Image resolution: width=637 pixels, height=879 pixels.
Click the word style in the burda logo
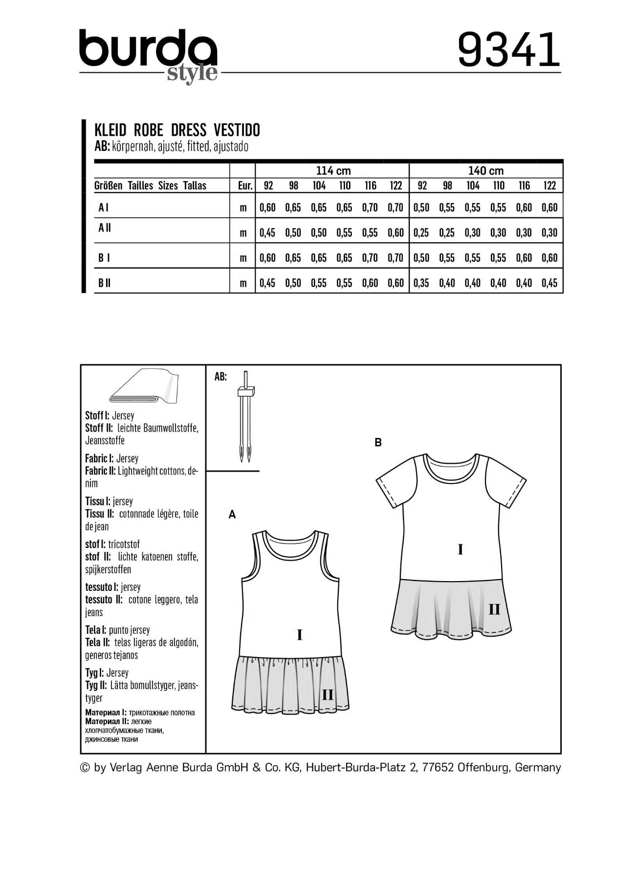click(192, 73)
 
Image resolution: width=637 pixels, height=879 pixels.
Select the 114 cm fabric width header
click(333, 170)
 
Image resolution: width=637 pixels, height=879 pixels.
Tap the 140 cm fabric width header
click(485, 170)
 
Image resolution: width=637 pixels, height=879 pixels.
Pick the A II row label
click(105, 228)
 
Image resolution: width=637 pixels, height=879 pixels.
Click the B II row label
click(104, 283)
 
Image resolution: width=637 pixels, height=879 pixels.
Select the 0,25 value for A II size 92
click(421, 232)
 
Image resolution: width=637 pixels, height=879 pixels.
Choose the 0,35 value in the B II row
click(421, 283)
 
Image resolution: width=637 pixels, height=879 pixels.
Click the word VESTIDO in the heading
click(237, 130)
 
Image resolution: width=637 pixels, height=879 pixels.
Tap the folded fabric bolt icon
click(144, 387)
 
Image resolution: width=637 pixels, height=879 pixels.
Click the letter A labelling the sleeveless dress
click(232, 515)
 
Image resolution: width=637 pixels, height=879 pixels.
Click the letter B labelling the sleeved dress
click(378, 442)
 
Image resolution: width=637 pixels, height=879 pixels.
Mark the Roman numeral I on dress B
click(460, 550)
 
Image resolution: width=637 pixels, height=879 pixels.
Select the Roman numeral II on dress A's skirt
click(327, 694)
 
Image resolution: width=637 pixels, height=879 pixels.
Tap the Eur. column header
click(245, 186)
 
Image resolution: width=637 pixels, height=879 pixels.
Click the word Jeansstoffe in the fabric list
click(105, 440)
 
